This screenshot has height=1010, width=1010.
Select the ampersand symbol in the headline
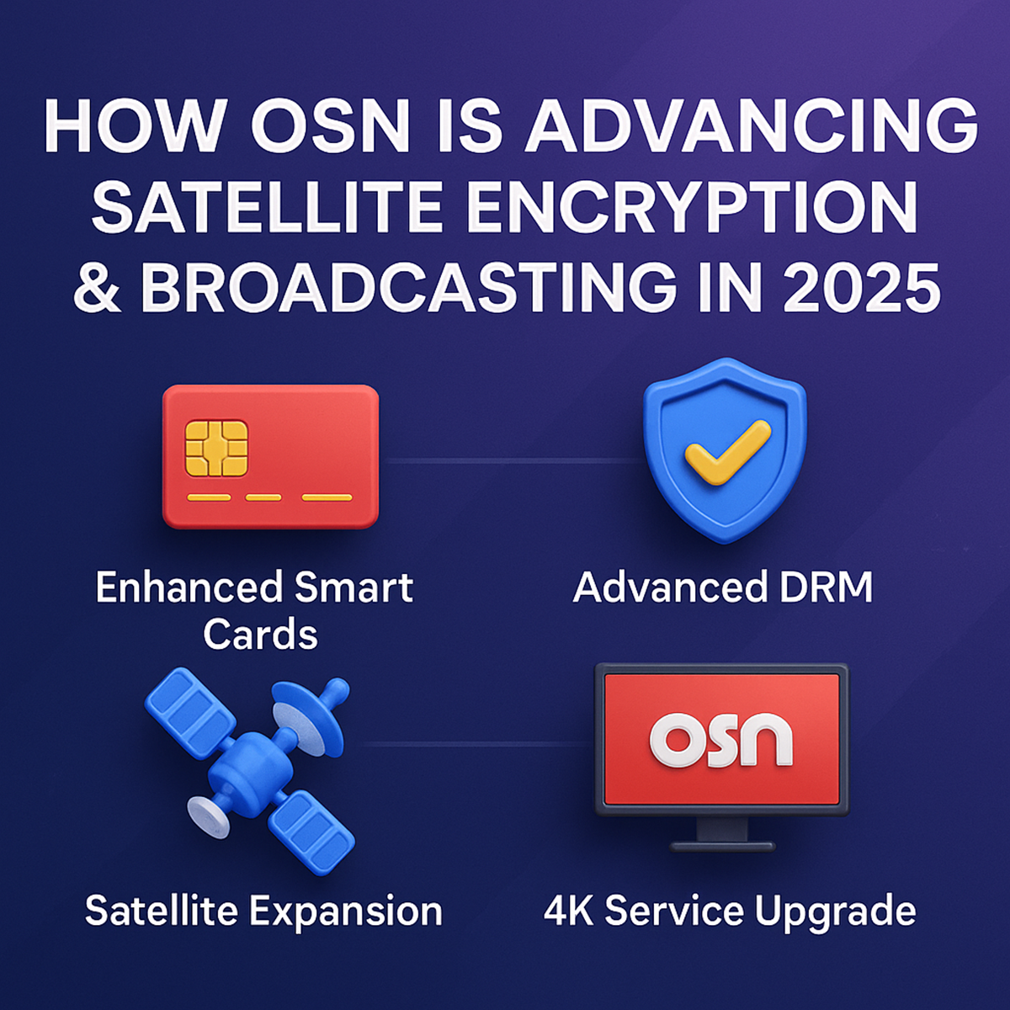pyautogui.click(x=98, y=286)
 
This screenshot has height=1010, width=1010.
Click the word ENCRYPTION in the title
pyautogui.click(x=691, y=207)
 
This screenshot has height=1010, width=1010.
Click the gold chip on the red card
pyautogui.click(x=216, y=447)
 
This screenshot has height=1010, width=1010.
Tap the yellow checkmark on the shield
pyautogui.click(x=726, y=450)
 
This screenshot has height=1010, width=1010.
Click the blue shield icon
pyautogui.click(x=725, y=450)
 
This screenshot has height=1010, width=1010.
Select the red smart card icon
pyautogui.click(x=270, y=456)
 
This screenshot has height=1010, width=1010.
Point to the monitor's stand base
pyautogui.click(x=721, y=844)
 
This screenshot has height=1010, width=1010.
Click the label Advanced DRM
pyautogui.click(x=723, y=587)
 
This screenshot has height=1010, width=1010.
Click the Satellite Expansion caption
pyautogui.click(x=263, y=912)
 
